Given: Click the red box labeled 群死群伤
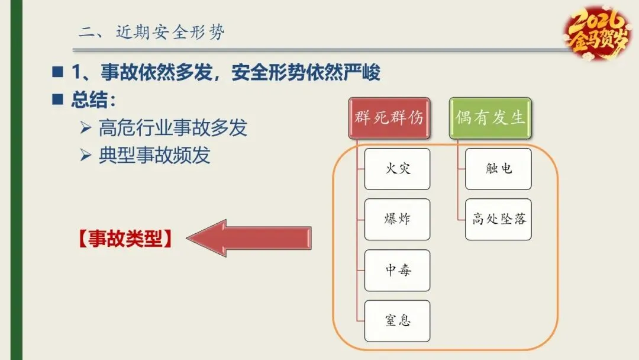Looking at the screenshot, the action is click(389, 117).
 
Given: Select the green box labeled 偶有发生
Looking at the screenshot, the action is click(490, 117).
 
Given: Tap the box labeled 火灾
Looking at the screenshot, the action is click(397, 169).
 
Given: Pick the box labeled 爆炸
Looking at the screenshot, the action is click(397, 220).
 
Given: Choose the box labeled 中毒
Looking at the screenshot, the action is click(397, 271).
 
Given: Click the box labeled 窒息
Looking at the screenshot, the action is click(397, 321).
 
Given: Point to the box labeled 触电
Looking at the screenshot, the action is click(498, 169).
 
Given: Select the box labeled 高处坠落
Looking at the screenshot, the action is click(498, 220).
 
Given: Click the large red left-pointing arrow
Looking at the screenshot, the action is click(248, 238).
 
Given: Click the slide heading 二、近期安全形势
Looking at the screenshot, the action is click(151, 33).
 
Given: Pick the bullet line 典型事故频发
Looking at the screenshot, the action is click(154, 155).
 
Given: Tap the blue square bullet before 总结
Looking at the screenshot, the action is click(57, 99).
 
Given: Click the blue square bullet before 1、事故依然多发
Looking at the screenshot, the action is click(57, 72).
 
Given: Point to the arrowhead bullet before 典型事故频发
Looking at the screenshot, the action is click(85, 155).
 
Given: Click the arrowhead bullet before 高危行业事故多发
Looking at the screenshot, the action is click(85, 127).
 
